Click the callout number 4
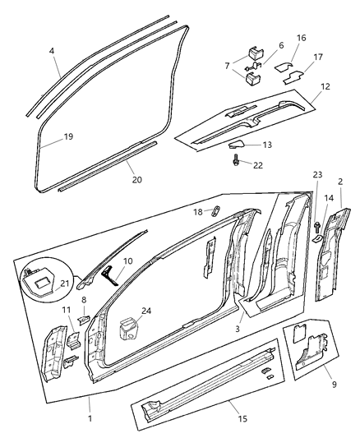point(53,51)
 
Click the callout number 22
point(257,164)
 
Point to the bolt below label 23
point(316,224)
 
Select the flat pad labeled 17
point(294,78)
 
